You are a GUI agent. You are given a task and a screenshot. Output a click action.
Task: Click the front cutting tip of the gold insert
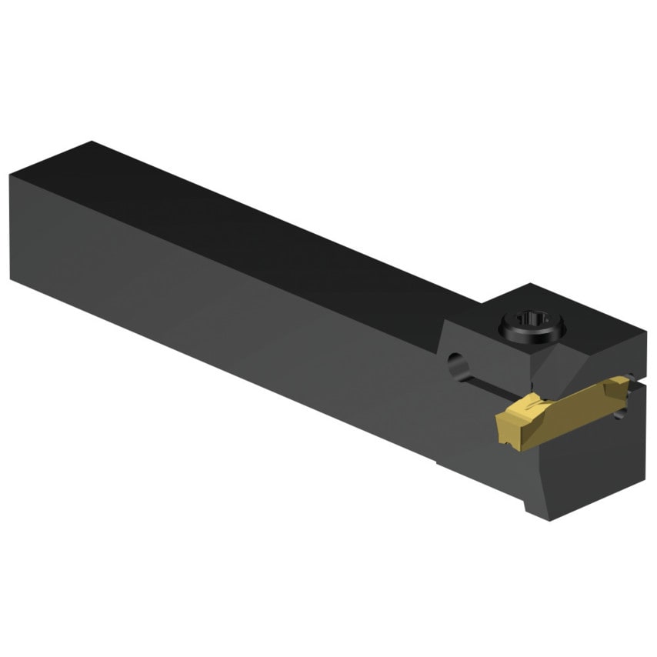[500, 421]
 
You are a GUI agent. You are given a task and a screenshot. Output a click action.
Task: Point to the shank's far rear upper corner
[91, 142]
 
